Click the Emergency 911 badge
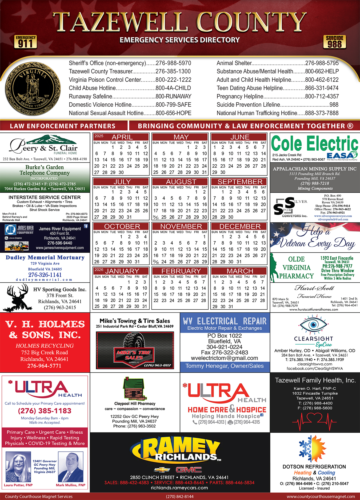[26, 42]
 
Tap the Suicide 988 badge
[334, 42]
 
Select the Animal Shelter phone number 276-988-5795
[322, 63]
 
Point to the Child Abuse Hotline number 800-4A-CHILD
[173, 88]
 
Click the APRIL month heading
[122, 137]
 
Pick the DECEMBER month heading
[240, 226]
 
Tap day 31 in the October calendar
[137, 262]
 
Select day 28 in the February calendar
[203, 300]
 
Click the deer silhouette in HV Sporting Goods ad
[18, 297]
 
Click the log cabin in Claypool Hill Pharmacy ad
[133, 388]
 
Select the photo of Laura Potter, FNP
[18, 467]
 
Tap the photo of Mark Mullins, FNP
[70, 467]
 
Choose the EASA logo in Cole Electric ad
[341, 155]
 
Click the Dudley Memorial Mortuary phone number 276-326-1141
[45, 275]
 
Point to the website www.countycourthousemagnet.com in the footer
[321, 497]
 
